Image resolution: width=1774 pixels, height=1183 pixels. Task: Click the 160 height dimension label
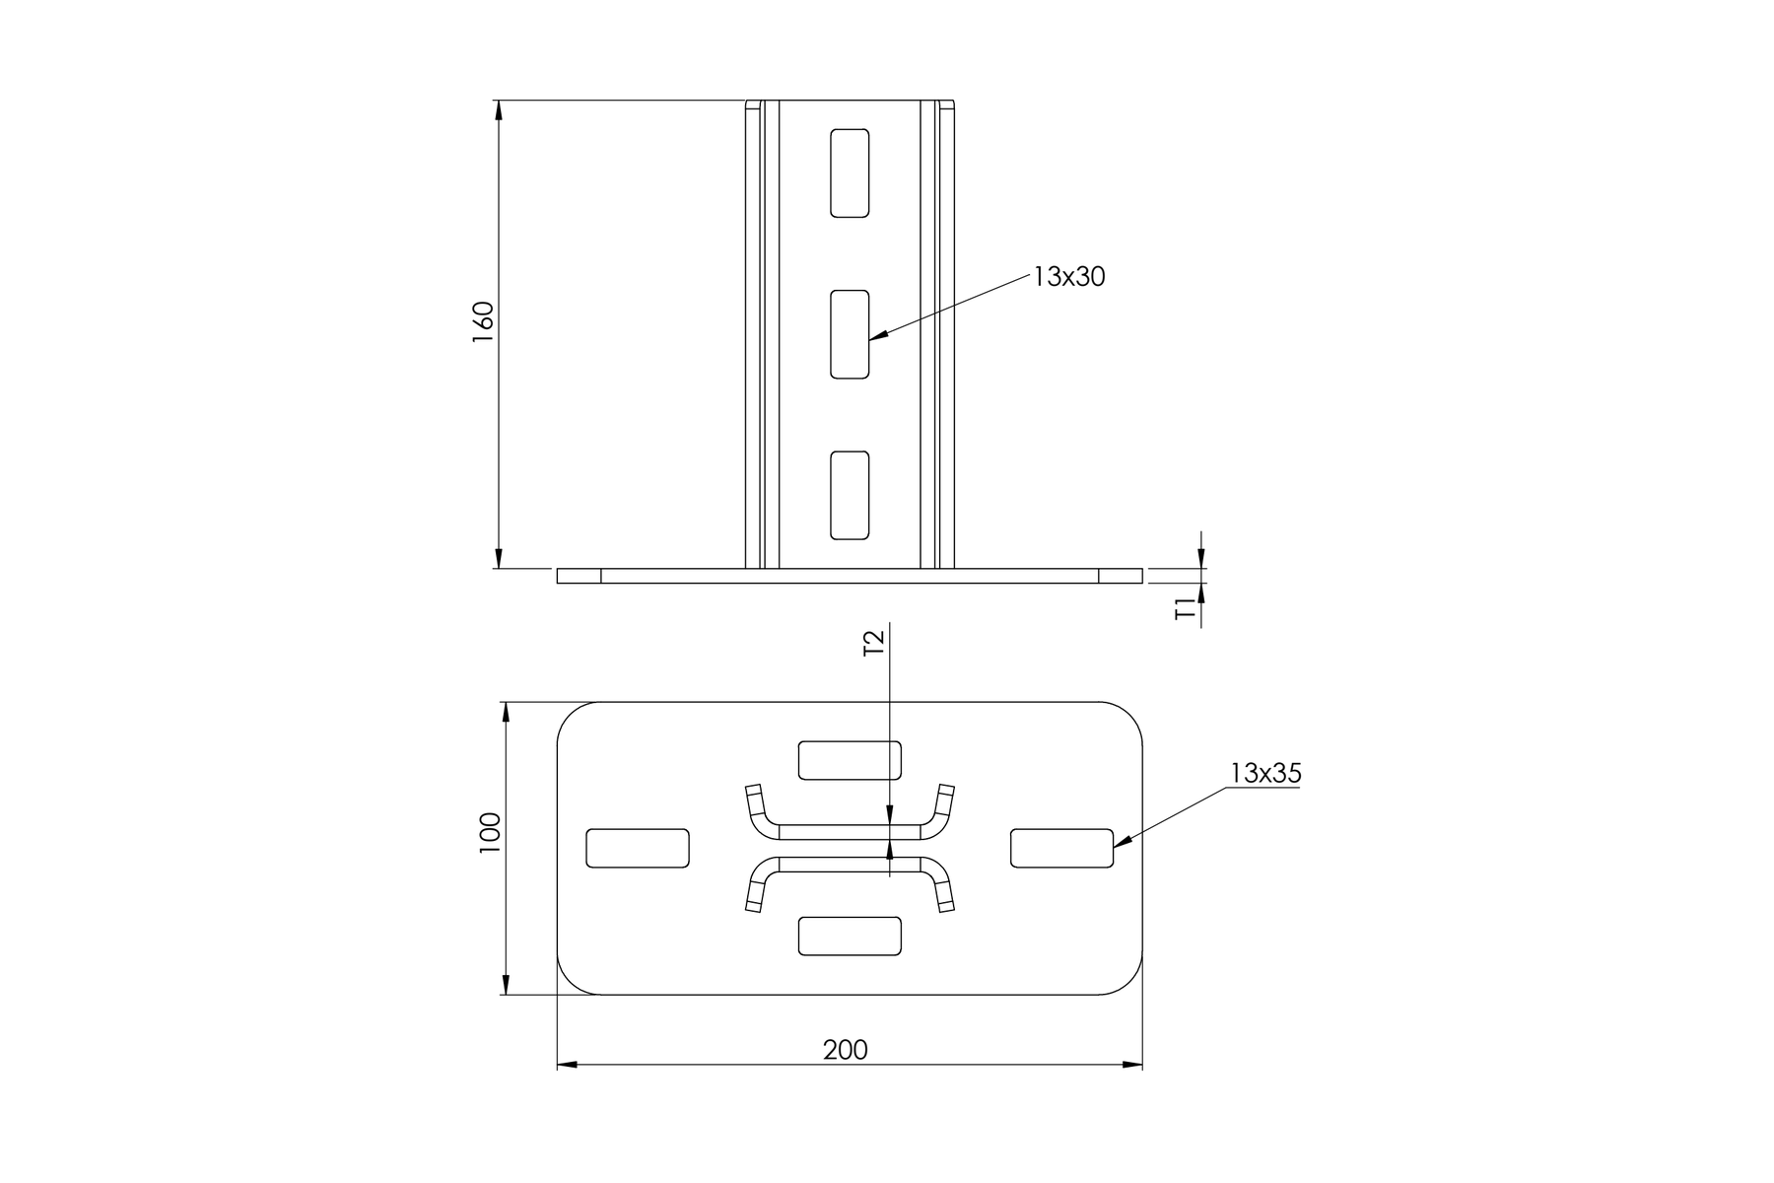pyautogui.click(x=483, y=321)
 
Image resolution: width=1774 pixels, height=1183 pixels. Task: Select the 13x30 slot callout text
pyautogui.click(x=1069, y=277)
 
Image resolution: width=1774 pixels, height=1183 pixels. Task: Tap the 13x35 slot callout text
pyautogui.click(x=1265, y=774)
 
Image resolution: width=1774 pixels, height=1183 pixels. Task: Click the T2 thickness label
pyautogui.click(x=874, y=644)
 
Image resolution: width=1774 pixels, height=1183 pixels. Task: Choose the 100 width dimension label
pyautogui.click(x=490, y=833)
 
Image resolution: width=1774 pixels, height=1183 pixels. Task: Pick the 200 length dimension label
pyautogui.click(x=846, y=1050)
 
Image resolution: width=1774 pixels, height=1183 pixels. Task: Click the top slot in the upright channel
pyautogui.click(x=850, y=173)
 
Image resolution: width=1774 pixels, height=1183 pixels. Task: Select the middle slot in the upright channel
pyautogui.click(x=850, y=334)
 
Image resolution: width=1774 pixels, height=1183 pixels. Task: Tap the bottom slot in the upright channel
pyautogui.click(x=850, y=495)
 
